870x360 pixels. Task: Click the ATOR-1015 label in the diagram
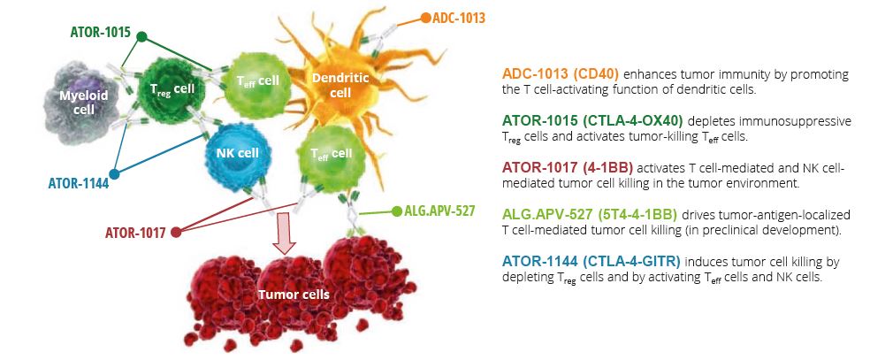101,32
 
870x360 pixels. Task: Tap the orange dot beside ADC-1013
425,18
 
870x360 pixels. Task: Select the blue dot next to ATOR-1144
114,174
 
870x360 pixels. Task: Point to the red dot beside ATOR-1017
176,233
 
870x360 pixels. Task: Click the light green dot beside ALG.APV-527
396,211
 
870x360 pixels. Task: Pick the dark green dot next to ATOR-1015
141,36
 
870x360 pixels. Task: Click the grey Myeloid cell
83,103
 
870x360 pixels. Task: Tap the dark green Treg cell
171,88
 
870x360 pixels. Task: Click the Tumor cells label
294,295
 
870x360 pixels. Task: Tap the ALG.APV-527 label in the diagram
440,211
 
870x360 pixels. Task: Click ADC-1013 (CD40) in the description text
561,74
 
